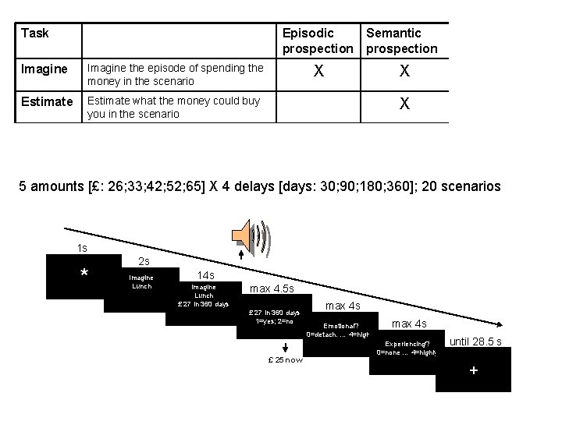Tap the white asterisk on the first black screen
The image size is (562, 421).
[x=84, y=274]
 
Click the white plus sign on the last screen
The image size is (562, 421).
[x=473, y=370]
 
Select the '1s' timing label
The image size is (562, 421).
[x=82, y=248]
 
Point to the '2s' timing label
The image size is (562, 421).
[x=144, y=260]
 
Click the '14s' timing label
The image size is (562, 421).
[x=206, y=275]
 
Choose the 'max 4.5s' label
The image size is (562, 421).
[x=271, y=289]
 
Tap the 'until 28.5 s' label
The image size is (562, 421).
[x=475, y=341]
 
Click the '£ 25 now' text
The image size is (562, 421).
[x=284, y=359]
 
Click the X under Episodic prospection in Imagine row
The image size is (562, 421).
[x=318, y=70]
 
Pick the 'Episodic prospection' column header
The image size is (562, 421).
[x=318, y=41]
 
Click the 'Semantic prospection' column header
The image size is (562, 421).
[x=402, y=41]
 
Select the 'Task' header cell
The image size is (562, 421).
[x=35, y=33]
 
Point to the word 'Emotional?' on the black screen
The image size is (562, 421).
[x=340, y=326]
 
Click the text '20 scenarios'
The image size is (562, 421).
[x=460, y=187]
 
